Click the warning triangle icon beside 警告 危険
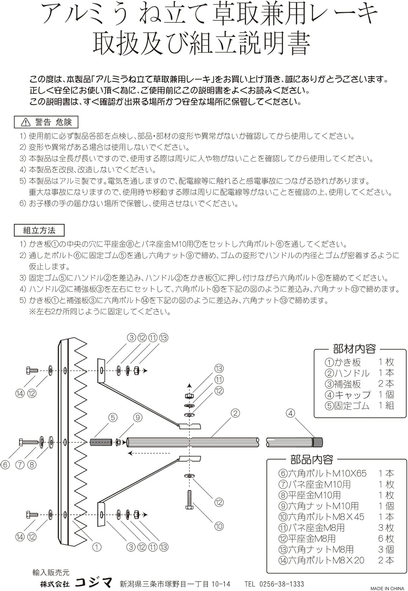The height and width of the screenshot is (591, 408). [x=26, y=123]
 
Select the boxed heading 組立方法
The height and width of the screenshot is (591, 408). [x=39, y=230]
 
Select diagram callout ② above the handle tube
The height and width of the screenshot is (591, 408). [x=235, y=413]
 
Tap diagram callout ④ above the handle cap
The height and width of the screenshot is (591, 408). [x=291, y=413]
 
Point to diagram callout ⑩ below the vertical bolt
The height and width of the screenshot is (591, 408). [x=219, y=526]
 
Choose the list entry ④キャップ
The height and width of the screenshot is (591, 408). [x=348, y=394]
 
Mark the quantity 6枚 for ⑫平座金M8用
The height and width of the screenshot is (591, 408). [x=386, y=538]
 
